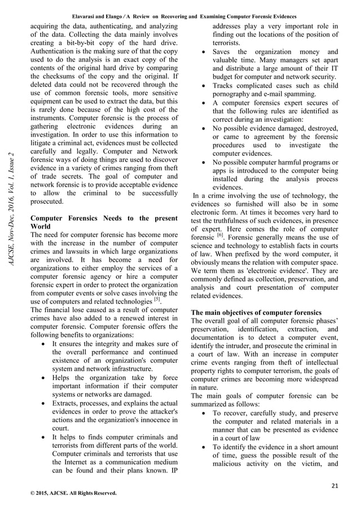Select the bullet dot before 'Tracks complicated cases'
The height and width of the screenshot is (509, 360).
[203, 85]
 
